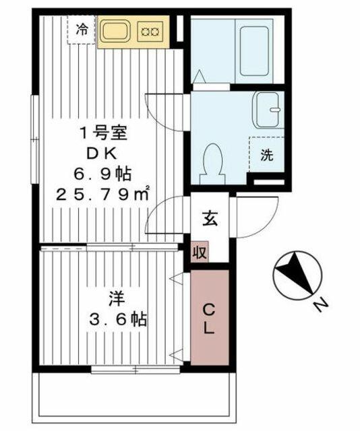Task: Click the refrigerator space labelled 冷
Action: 82,30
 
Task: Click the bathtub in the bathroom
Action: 254,51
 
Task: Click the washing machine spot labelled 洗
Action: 267,155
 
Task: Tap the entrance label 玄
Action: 210,218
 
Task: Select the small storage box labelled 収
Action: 200,252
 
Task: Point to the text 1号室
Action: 103,133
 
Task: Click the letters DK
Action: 102,154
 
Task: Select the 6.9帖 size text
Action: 102,174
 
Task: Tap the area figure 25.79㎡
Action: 102,195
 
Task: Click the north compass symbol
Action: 297,275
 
